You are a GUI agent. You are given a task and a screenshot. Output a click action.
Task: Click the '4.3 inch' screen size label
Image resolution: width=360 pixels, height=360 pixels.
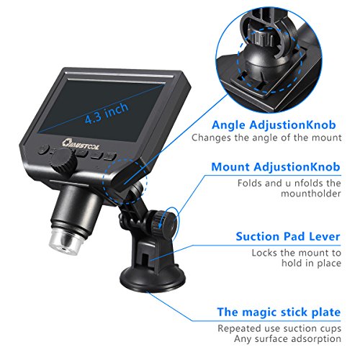107,113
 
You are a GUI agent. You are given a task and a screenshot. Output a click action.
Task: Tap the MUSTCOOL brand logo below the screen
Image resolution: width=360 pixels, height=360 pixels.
81,144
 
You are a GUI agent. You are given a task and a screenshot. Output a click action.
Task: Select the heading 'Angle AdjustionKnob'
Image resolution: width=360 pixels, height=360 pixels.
274,125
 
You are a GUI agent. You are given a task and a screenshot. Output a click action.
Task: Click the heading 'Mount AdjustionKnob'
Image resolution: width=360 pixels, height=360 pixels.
276,167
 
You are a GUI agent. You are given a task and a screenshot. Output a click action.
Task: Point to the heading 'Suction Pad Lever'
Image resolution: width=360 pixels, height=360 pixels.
288,236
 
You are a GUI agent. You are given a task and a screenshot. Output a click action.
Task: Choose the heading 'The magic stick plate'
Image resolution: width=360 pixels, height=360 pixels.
279,312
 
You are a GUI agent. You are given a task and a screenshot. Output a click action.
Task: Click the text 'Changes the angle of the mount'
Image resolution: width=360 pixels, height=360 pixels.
266,138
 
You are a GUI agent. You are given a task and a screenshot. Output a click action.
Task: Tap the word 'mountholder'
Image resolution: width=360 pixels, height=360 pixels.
311,194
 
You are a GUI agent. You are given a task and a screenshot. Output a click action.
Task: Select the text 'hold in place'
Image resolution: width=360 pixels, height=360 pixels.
311,263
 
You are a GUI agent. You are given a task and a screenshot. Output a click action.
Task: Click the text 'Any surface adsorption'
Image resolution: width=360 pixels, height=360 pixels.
287,339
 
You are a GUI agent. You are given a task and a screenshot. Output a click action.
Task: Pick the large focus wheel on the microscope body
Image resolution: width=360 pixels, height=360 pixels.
63,161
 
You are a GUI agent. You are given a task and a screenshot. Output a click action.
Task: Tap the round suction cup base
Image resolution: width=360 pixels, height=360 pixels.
153,279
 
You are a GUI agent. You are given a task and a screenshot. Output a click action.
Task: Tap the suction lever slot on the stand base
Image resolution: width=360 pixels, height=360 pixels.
145,260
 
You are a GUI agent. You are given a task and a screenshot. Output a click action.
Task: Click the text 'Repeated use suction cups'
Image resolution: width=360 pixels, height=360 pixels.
279,328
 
